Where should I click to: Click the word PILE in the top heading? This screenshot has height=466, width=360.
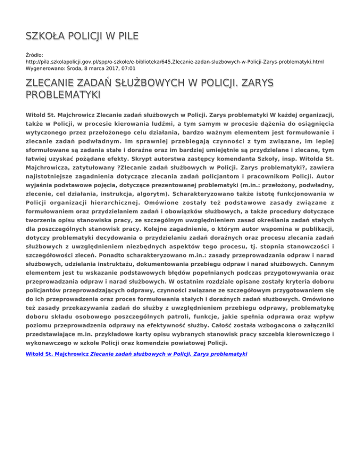[126, 37]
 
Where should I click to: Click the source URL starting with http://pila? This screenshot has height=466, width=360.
[174, 61]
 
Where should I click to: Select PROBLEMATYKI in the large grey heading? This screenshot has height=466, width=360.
[63, 96]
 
